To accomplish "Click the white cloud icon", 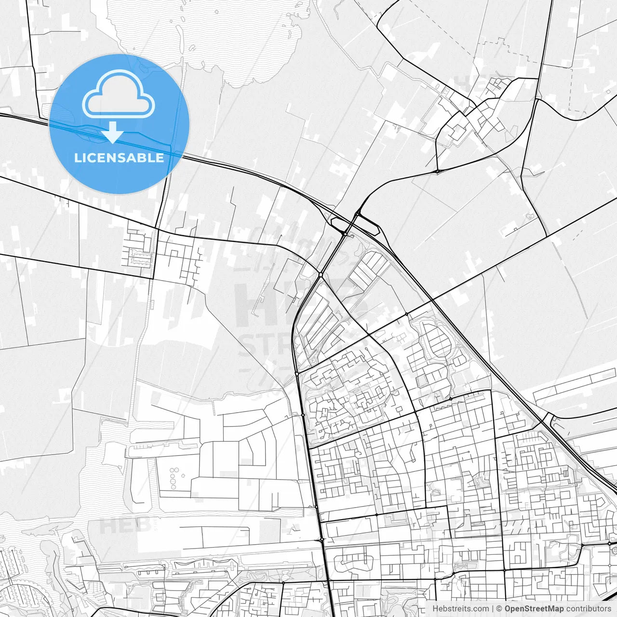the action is (119, 95).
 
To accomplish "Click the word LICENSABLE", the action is (119, 158).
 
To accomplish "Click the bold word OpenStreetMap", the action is (534, 609).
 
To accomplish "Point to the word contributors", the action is (589, 609).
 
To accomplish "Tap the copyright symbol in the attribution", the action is (499, 609).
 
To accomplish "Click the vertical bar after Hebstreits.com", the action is (493, 609).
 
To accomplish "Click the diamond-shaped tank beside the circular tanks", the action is (183, 475).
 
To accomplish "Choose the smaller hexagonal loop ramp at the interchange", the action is (339, 223).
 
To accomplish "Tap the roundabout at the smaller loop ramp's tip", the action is (346, 234).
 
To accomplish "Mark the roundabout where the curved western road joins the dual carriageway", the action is (321, 275).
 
